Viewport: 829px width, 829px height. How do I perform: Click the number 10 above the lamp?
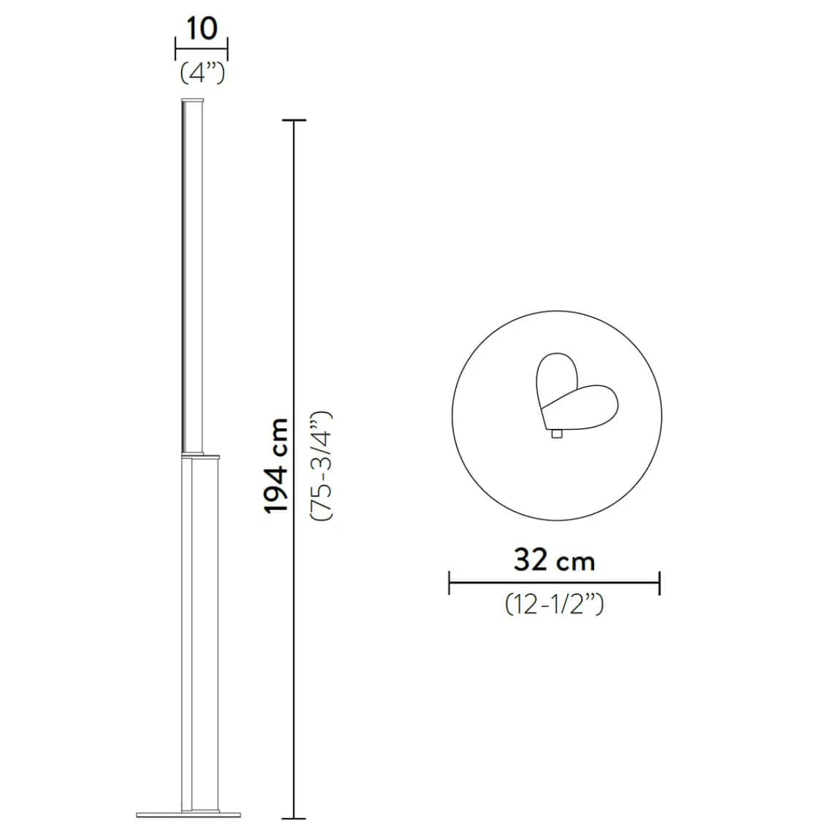point(202,29)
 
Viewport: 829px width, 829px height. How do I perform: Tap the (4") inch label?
point(202,73)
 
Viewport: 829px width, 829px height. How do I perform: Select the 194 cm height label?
point(276,466)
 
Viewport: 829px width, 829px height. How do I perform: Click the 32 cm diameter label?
point(554,560)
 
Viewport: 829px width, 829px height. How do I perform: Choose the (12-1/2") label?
point(554,604)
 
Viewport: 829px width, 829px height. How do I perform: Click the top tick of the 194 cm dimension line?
point(294,120)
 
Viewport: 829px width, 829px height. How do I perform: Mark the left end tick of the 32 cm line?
point(449,583)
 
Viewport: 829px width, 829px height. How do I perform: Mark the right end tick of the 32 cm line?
point(660,583)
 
